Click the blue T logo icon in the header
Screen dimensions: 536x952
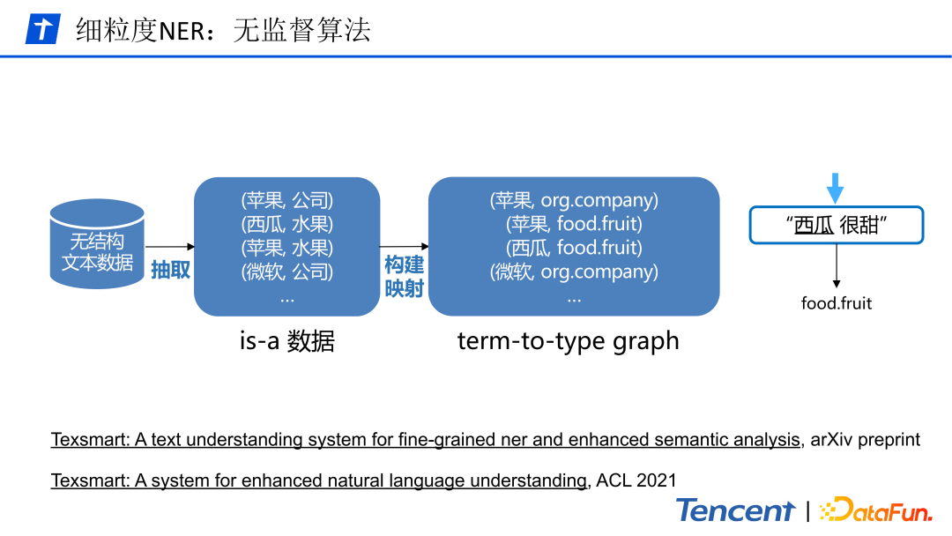coord(41,29)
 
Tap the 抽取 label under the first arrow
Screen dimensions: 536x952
coord(170,270)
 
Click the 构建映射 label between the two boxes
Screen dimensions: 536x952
coord(404,276)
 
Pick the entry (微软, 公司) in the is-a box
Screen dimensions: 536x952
coord(287,272)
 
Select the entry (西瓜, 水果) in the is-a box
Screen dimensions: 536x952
coord(287,225)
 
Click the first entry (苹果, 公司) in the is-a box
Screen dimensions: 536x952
coord(287,201)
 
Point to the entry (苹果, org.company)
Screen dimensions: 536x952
coord(574,201)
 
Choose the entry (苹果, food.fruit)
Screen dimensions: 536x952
coord(574,225)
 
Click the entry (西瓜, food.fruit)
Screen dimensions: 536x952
coord(574,249)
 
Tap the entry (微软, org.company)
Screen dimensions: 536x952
coord(574,272)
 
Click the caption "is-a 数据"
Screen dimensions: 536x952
coord(286,341)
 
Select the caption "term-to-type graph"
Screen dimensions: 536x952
coord(568,341)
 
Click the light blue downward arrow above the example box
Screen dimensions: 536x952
coord(836,188)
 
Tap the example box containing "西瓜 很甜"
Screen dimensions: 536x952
coord(836,225)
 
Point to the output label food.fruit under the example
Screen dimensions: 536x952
coord(836,304)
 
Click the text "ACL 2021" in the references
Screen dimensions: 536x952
coord(636,480)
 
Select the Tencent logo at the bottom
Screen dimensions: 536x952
coord(735,510)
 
